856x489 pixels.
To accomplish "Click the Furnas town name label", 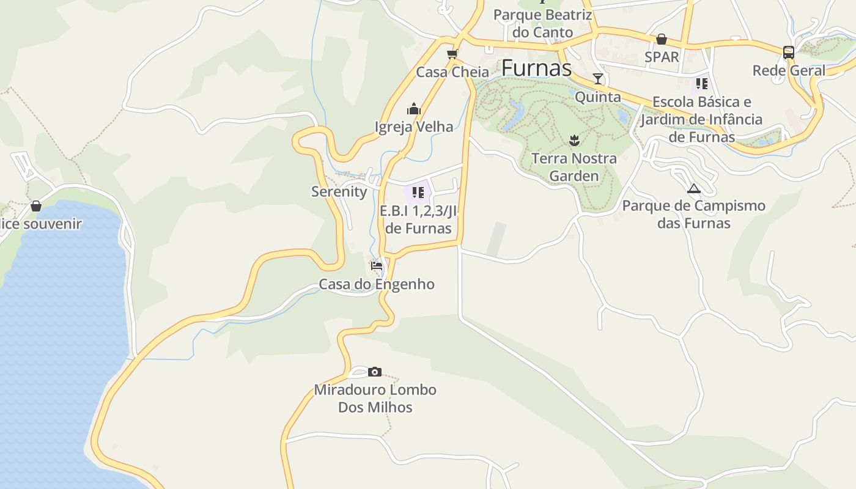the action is point(536,68).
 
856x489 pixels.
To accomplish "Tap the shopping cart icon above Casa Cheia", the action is point(452,54).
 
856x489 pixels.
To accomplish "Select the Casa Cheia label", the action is point(452,72).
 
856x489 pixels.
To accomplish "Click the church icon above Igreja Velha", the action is point(414,109).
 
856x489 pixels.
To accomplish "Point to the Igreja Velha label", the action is point(414,127).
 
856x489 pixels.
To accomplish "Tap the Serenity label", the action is point(339,191).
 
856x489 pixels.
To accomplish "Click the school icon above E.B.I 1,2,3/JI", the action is point(418,193).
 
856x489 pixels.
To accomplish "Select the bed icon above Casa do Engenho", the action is point(377,267).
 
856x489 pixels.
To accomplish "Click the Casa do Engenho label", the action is point(377,284).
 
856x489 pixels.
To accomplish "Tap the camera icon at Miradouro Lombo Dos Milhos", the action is point(375,372).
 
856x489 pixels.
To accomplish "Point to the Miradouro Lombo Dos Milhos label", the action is point(375,399).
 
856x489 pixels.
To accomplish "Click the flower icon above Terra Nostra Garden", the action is point(574,141).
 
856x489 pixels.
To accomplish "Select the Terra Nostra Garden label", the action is point(574,167).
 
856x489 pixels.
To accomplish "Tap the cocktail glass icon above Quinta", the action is point(598,79).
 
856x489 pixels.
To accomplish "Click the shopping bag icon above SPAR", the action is point(662,40).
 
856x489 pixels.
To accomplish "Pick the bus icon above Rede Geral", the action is point(789,53).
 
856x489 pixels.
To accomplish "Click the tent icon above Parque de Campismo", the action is point(693,188).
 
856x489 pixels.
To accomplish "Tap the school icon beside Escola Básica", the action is point(701,83).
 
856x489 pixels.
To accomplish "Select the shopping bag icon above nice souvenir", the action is point(36,206).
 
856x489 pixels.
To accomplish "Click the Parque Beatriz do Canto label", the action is point(543,23).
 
